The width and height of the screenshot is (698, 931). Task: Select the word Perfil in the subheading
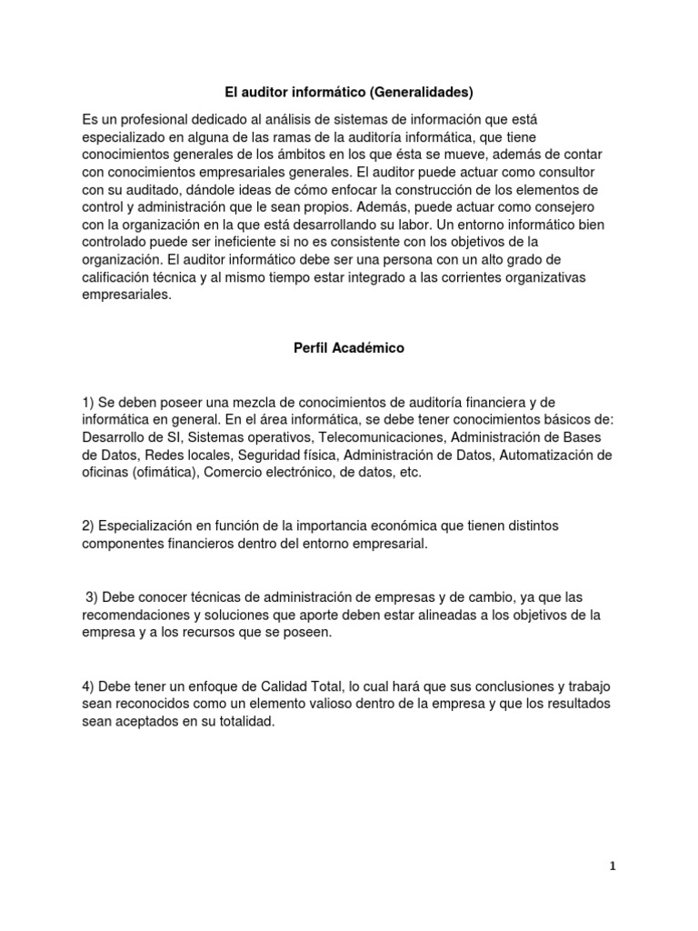pos(314,347)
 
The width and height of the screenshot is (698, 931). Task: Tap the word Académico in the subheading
pos(371,347)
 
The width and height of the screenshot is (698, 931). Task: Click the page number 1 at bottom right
pos(613,866)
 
